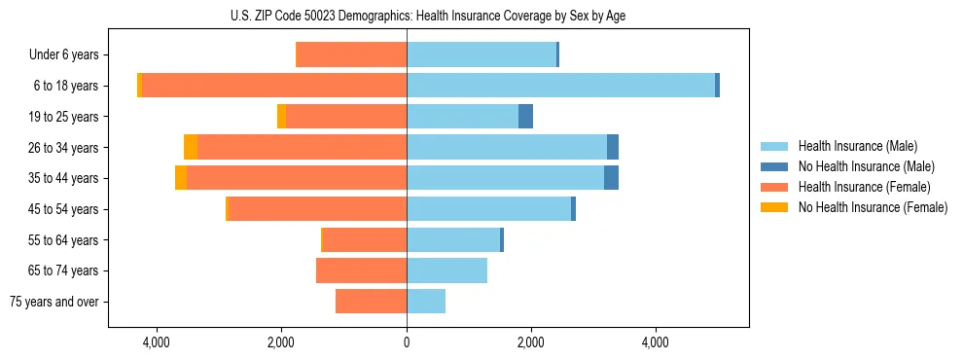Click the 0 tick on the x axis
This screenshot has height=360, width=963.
(407, 342)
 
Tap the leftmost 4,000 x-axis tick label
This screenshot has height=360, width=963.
(157, 342)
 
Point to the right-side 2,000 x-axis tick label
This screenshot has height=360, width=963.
(531, 342)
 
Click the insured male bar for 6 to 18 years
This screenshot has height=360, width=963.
(560, 86)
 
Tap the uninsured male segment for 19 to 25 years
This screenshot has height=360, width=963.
(525, 117)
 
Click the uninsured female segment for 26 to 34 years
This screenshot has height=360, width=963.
(191, 147)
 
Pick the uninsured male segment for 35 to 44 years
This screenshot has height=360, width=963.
(611, 178)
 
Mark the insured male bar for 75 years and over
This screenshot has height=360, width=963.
(426, 302)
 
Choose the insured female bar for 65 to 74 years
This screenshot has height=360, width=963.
(361, 270)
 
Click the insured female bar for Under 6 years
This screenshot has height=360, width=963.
(351, 55)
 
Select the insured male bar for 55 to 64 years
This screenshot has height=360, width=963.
(453, 239)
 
